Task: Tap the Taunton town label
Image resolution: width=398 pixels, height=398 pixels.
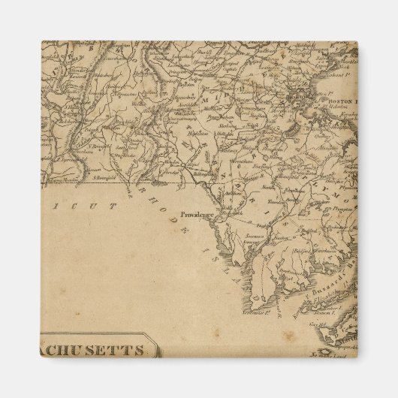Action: click(294, 193)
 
